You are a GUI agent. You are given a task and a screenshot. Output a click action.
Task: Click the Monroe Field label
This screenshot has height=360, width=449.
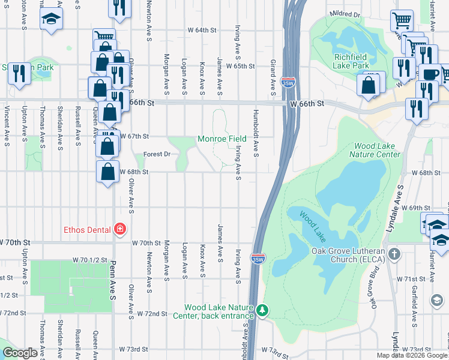coord(222,139)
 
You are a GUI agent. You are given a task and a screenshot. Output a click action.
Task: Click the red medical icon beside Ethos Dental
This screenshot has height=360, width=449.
coord(120,230)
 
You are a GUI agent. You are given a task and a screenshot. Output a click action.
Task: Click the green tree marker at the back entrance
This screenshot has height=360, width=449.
coord(262,310)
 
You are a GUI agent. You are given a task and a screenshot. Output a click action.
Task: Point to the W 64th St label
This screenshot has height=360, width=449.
coord(201,30)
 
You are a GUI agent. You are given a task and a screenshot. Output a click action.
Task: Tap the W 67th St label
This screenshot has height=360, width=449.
coord(134,136)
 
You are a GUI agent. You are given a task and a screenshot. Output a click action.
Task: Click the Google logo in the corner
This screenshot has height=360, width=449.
coord(19,353)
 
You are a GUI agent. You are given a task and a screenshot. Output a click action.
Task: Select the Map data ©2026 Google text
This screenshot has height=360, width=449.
coord(412,355)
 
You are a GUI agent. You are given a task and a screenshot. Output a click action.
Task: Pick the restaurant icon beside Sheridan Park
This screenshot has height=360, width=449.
coord(19,74)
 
